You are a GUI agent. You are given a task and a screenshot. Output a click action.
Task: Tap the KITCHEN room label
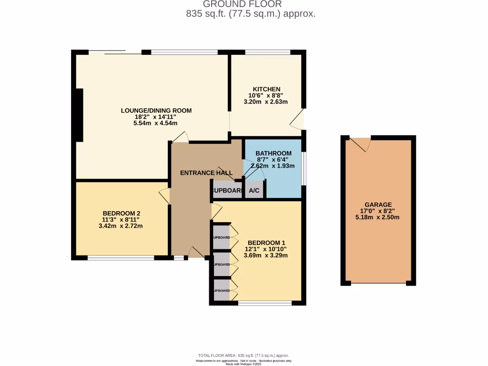[266, 89]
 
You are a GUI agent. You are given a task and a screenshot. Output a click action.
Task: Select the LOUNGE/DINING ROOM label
[156, 111]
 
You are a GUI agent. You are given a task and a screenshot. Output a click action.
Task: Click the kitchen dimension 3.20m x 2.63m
[266, 102]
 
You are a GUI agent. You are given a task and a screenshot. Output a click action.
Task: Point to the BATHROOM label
[274, 153]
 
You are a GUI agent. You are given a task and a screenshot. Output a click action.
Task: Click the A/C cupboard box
[254, 191]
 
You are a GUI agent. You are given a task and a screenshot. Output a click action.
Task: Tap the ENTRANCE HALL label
[206, 173]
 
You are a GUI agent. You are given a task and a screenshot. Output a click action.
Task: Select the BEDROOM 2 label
[121, 213]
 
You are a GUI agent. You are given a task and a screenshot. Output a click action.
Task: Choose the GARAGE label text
[379, 204]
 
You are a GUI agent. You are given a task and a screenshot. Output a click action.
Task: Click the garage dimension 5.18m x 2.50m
[379, 217]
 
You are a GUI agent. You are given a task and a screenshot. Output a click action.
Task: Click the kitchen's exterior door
[298, 120]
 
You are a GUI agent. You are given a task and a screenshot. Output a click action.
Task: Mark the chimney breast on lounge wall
[79, 115]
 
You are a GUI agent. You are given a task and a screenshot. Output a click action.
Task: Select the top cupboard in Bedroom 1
[221, 237]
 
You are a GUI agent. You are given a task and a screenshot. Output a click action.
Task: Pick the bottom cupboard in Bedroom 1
[221, 290]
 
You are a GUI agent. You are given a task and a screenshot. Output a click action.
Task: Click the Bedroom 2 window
[121, 258]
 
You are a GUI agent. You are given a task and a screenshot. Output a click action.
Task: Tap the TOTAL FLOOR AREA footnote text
[244, 356]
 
